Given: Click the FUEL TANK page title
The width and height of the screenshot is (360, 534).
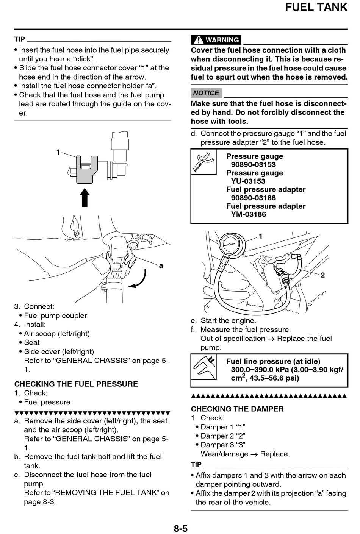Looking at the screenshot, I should tap(316, 7).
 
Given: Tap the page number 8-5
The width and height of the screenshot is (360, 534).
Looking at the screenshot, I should tap(181, 528).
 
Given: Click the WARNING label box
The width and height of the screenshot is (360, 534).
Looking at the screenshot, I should tap(216, 40).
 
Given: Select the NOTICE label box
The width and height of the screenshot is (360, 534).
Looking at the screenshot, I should tap(206, 93).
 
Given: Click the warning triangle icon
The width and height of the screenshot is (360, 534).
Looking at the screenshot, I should tap(197, 40).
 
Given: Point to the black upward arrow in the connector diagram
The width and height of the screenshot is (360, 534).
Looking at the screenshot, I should tap(85, 197).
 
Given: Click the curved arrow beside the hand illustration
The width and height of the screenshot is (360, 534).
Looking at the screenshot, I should tap(139, 279).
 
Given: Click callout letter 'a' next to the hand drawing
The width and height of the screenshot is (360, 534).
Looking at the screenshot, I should tap(161, 266).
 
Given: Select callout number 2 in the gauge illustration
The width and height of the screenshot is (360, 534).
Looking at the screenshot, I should tap(322, 275).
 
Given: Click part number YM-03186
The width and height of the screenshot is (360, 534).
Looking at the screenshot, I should tap(249, 214).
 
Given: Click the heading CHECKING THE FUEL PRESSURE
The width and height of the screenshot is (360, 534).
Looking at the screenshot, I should tap(76, 384).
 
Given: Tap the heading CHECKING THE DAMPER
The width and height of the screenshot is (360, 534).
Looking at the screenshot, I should tap(237, 409).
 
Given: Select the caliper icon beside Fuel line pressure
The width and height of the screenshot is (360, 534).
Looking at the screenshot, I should tap(204, 367).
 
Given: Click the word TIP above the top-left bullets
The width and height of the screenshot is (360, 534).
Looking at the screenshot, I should tap(20, 39).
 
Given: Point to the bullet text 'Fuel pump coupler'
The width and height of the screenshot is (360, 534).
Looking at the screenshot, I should tap(55, 315).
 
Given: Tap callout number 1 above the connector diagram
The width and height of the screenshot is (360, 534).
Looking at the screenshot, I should tap(58, 152).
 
